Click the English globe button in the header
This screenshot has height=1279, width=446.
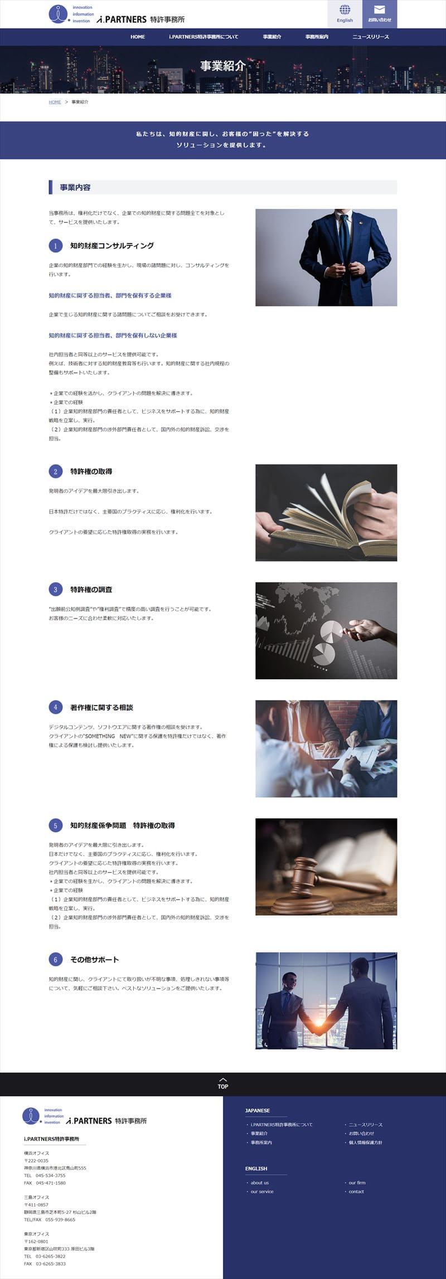click(345, 13)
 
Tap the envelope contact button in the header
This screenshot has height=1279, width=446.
click(380, 13)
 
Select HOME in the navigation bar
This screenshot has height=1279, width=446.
click(138, 37)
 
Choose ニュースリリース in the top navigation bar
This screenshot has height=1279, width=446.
click(371, 37)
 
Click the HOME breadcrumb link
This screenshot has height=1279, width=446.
click(55, 102)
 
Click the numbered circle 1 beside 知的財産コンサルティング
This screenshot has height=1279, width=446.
click(55, 246)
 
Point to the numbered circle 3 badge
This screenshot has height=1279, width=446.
click(55, 590)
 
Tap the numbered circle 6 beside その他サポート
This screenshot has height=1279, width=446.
click(55, 960)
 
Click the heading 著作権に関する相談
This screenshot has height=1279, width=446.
click(101, 708)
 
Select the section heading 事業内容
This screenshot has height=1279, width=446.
click(75, 187)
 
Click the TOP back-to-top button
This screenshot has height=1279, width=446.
click(223, 1083)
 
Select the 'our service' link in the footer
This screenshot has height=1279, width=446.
click(262, 1192)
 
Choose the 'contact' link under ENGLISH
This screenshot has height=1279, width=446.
click(356, 1192)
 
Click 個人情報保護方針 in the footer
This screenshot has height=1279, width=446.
click(365, 1142)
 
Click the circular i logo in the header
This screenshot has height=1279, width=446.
click(57, 13)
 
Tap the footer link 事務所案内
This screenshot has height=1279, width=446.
click(261, 1142)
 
